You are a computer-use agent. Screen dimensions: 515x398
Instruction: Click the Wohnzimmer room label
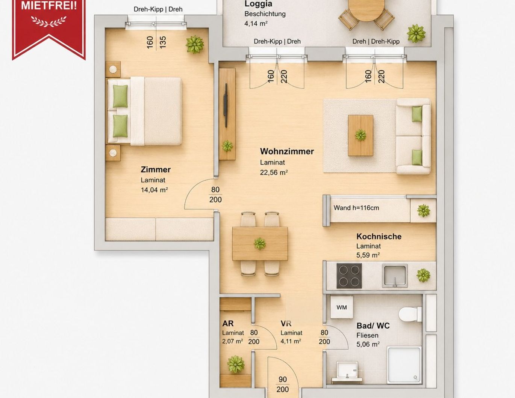(x=287, y=151)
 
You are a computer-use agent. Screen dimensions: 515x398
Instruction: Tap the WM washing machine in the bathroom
(x=341, y=308)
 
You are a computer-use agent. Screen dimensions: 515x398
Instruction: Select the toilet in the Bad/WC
(x=410, y=314)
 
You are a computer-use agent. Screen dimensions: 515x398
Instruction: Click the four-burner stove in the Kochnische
(x=349, y=276)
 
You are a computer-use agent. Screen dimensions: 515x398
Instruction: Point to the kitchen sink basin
(x=395, y=276)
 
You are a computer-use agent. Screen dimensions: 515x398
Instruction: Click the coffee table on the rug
(x=360, y=135)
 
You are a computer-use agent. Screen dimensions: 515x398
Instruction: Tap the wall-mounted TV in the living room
(x=226, y=105)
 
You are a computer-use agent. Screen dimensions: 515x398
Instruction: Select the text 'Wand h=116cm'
(x=356, y=208)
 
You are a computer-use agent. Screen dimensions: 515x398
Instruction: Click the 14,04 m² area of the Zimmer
(x=154, y=190)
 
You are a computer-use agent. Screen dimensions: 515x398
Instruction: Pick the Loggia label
(x=258, y=4)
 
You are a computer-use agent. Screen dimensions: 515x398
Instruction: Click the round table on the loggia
(x=367, y=9)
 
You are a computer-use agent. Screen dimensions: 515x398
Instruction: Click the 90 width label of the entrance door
(x=283, y=380)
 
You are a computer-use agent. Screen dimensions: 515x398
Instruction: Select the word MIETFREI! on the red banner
(x=49, y=6)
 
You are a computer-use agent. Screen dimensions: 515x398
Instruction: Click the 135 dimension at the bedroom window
(x=163, y=42)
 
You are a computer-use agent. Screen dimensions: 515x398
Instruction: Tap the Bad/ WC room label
(x=373, y=326)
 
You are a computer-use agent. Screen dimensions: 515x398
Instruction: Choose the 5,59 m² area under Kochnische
(x=368, y=255)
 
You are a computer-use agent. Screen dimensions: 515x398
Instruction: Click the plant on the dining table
(x=260, y=244)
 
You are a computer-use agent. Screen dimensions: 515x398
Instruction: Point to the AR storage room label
(x=228, y=323)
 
